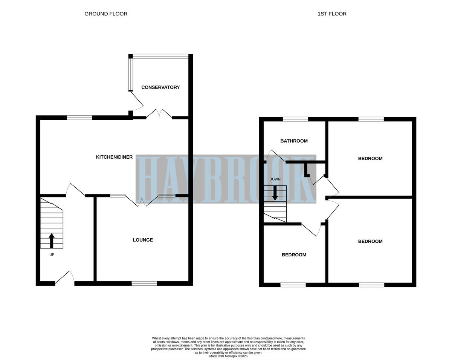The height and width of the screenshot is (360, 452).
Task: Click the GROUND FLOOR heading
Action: click(106, 14)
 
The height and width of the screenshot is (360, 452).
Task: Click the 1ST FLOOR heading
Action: click(332, 14)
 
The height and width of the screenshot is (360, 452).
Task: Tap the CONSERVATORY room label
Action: click(160, 87)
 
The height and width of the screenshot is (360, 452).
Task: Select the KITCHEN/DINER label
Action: click(114, 157)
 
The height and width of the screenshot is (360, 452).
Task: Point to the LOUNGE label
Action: click(143, 240)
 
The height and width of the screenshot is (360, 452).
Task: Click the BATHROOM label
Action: click(294, 141)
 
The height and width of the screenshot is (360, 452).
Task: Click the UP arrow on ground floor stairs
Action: click(52, 241)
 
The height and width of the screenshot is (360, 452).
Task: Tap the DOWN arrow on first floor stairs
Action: click(275, 193)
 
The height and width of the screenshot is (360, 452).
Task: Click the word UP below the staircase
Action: click(52, 255)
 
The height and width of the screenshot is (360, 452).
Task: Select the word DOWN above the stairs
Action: click(275, 179)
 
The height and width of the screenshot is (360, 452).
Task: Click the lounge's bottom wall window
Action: click(144, 283)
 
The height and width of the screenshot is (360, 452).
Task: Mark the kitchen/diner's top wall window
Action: click(79, 118)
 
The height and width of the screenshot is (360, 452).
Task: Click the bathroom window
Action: click(295, 119)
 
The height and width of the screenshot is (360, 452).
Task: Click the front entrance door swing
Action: click(65, 278)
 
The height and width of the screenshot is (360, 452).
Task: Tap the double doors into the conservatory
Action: click(159, 114)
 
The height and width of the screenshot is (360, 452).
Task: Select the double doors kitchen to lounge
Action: click(142, 201)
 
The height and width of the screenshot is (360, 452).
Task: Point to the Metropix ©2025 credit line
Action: click(228, 356)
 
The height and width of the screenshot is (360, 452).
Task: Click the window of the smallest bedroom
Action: click(293, 285)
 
